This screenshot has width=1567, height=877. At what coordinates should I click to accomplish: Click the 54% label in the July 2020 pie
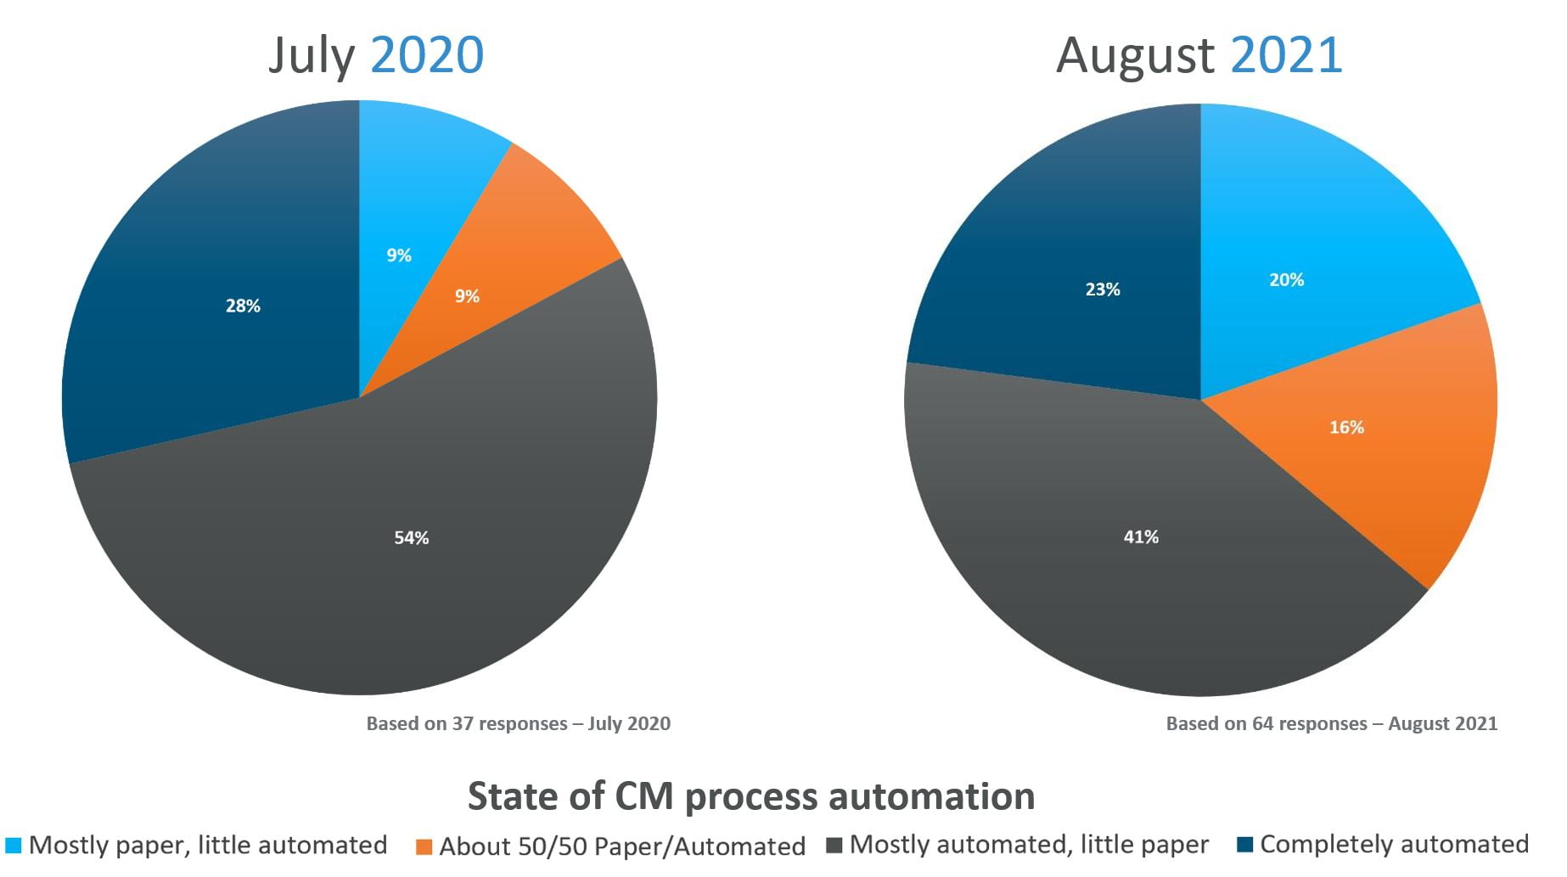[411, 537]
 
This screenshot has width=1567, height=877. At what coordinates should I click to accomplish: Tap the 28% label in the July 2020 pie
[243, 306]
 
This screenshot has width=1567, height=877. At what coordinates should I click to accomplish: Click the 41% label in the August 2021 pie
[1141, 537]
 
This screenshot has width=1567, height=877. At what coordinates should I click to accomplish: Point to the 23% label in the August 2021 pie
[1103, 290]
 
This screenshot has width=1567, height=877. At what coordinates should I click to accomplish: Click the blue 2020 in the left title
[427, 55]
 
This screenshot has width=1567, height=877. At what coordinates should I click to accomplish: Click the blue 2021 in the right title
[1286, 55]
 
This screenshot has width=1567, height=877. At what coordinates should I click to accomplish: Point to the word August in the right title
[1135, 57]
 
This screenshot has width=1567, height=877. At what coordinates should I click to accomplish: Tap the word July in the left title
[311, 57]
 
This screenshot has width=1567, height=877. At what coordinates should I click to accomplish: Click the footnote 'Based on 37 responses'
[518, 723]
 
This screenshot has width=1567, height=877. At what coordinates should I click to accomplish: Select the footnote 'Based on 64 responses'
[1331, 723]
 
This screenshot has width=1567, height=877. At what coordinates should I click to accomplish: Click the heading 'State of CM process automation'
[751, 796]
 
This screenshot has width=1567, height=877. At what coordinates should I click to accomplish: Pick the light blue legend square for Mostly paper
[13, 846]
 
